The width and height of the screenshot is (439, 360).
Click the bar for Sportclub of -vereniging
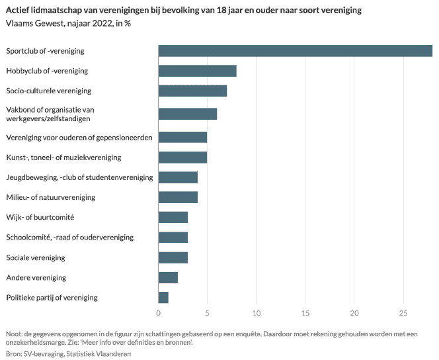point(295,51)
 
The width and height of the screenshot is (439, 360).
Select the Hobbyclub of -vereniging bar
point(197,71)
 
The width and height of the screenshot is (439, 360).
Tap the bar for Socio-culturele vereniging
point(192,91)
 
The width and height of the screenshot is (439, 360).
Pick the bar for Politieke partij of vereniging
point(163,297)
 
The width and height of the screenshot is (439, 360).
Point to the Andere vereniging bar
point(168,277)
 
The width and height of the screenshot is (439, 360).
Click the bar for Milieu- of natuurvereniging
point(178,197)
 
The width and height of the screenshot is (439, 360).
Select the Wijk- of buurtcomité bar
point(173,217)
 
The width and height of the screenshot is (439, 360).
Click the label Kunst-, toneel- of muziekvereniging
point(63,157)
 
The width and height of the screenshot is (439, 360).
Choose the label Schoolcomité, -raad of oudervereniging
point(69,237)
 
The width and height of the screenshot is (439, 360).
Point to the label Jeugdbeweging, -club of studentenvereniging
point(79,177)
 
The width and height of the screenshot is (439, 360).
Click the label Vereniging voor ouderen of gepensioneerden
point(79,138)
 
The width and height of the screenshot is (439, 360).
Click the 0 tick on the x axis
point(159,312)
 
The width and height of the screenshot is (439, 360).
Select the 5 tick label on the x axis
point(208,312)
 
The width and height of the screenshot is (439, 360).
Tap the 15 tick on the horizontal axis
point(305,312)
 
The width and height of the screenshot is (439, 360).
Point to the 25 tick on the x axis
point(403,312)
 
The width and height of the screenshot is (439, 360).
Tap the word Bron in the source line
point(13,354)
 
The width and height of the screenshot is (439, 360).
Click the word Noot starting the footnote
point(14,334)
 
